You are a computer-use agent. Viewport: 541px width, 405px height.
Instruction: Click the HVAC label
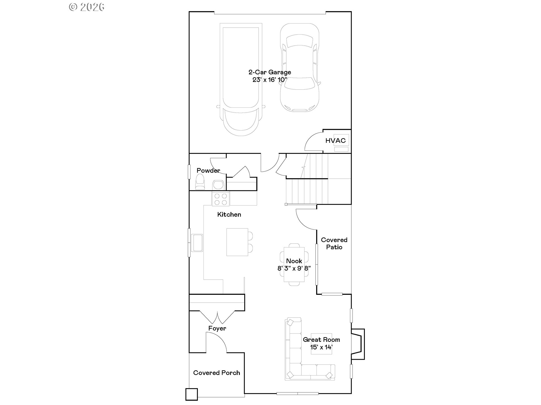(335, 141)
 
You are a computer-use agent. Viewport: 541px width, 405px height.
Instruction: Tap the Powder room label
(208, 170)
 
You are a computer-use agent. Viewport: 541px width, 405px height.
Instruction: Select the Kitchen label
(229, 215)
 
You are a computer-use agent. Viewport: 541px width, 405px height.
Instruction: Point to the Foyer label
(217, 328)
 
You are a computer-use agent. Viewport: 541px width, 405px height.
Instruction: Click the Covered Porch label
(217, 373)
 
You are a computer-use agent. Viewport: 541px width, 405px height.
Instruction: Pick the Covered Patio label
(334, 244)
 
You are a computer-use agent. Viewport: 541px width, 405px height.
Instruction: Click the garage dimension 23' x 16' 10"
(270, 80)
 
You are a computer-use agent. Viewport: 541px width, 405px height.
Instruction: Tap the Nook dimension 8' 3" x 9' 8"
(294, 268)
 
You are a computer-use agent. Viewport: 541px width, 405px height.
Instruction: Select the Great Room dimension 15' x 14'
(322, 347)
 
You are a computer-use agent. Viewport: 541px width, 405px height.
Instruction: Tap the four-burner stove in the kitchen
(221, 199)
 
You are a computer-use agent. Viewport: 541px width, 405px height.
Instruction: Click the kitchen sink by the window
(197, 243)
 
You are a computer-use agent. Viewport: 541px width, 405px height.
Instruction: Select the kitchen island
(237, 242)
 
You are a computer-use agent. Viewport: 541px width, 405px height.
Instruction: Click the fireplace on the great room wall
(358, 344)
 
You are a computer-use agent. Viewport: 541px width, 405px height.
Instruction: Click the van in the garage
(241, 80)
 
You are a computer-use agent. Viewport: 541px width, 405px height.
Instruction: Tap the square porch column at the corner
(192, 394)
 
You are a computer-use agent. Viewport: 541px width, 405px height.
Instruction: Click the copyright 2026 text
(87, 7)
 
